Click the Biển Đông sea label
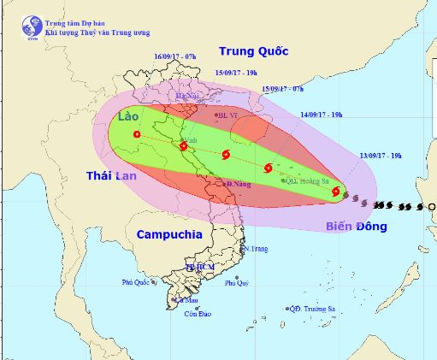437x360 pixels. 356,227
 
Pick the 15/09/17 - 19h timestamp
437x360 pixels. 237,74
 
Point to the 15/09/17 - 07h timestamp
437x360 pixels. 283,88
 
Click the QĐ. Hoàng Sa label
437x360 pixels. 305,180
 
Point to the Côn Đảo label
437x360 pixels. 198,314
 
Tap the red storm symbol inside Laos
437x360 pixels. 137,133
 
